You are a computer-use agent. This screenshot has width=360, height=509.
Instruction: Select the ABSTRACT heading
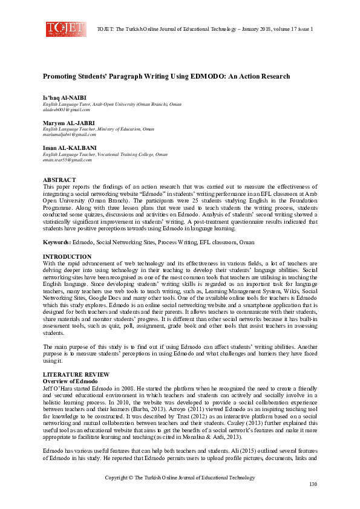click(59, 180)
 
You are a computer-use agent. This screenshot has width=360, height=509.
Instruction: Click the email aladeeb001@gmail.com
click(67, 110)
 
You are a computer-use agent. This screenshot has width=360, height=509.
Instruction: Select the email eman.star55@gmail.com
click(67, 160)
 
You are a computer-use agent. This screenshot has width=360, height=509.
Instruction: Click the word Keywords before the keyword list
click(56, 242)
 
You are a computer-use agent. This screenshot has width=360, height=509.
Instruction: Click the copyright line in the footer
click(180, 478)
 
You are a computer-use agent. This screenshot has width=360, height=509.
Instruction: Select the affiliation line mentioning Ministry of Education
click(98, 129)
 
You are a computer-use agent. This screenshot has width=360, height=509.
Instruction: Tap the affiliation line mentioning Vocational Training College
click(105, 154)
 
